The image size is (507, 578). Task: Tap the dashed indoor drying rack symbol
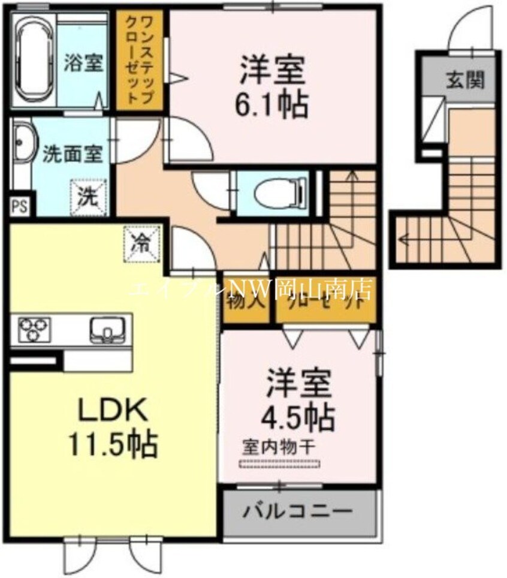click(280, 463)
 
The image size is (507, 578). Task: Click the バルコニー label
click(297, 513)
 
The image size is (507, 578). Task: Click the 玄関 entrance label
click(464, 80)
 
